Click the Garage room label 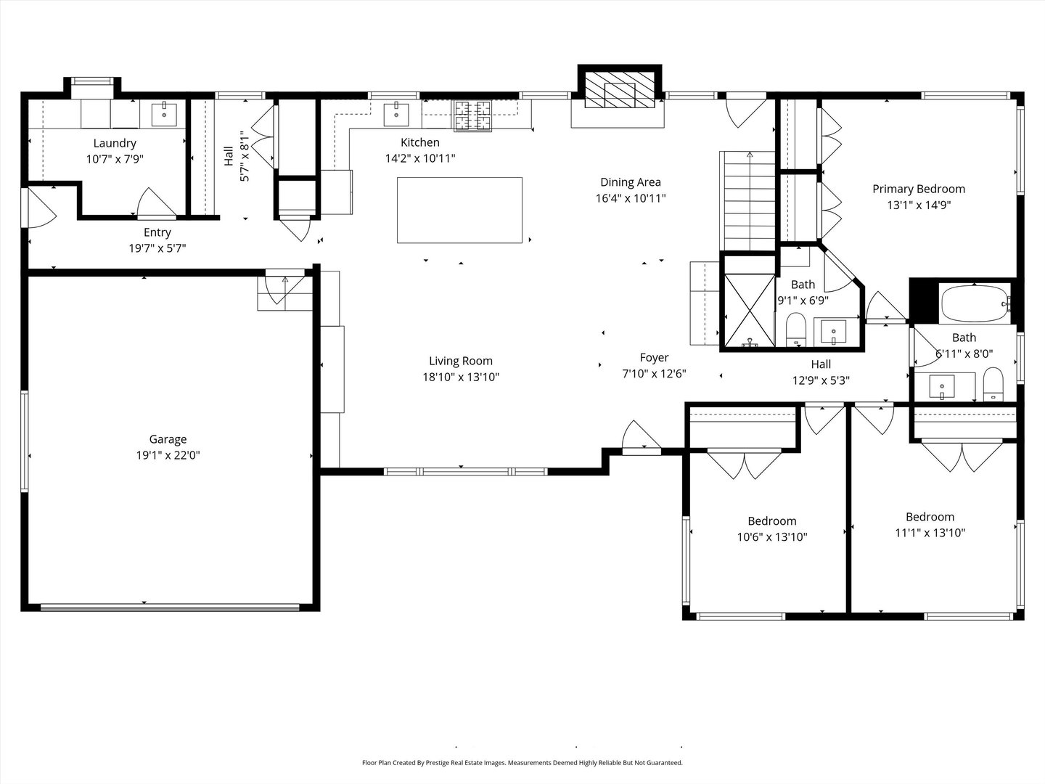[x=168, y=439]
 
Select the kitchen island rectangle [x=459, y=211]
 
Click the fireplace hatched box [x=620, y=90]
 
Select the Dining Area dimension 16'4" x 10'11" [x=630, y=198]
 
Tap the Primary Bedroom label [x=918, y=189]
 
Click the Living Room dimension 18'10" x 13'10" [x=460, y=377]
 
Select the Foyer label [x=654, y=358]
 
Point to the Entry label [x=157, y=233]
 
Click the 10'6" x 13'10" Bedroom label [x=771, y=521]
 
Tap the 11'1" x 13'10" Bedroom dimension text [x=930, y=533]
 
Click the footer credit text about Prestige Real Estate [x=522, y=763]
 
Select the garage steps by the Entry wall [x=284, y=290]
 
